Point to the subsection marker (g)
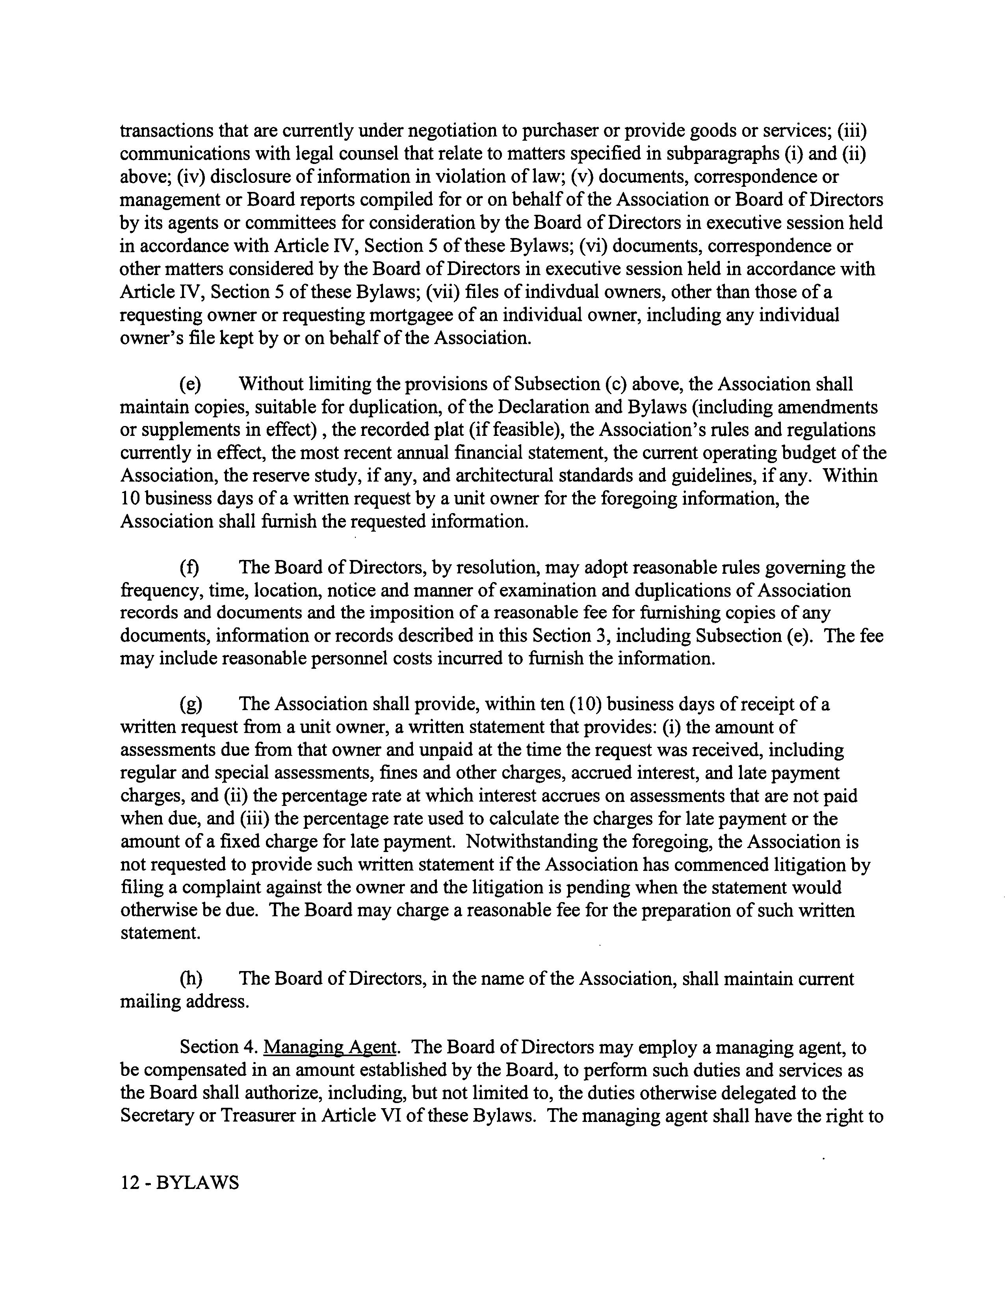click(x=191, y=704)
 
